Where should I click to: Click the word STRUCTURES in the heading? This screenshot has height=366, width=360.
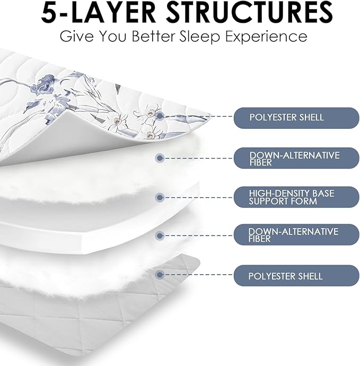click(250, 12)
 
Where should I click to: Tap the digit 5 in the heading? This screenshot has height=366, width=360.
click(49, 12)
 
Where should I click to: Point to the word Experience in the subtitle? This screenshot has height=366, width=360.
click(264, 37)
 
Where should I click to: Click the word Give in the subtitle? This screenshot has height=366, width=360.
click(76, 37)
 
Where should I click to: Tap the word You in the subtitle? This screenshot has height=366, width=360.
click(112, 37)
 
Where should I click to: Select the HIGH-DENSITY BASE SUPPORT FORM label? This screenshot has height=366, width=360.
click(296, 197)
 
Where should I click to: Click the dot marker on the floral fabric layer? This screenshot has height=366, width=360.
click(160, 116)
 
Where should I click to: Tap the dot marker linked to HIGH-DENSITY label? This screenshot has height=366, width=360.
click(160, 198)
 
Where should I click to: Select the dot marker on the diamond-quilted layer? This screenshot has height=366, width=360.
click(160, 275)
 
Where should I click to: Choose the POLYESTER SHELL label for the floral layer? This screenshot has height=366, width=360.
click(296, 118)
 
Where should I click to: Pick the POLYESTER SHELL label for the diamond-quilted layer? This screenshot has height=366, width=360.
click(296, 275)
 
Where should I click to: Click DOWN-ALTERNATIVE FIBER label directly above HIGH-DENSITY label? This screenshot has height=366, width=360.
click(296, 158)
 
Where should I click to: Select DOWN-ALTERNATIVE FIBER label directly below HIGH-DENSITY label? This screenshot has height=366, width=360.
click(296, 234)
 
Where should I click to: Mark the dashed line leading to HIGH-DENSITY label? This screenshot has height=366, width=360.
click(198, 198)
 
